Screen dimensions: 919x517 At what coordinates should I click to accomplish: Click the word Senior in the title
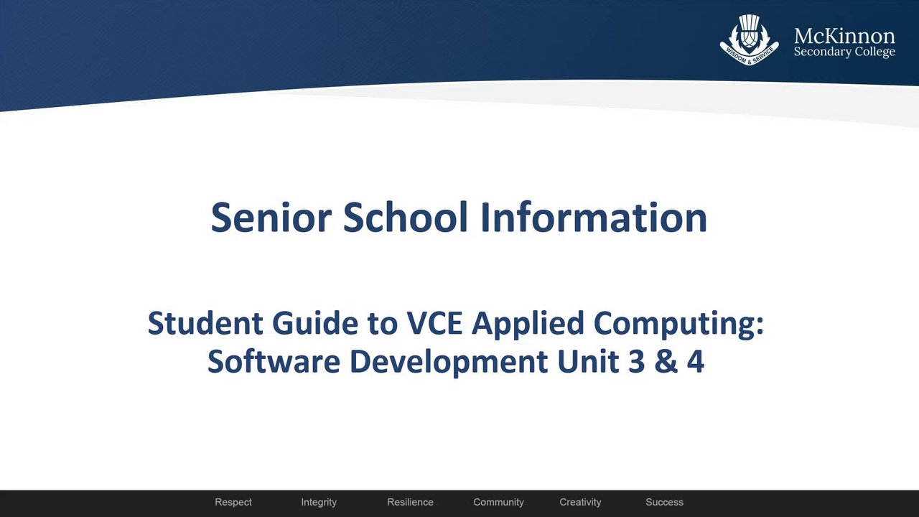pyautogui.click(x=271, y=217)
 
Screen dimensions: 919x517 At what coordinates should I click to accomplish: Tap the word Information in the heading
pyautogui.click(x=594, y=217)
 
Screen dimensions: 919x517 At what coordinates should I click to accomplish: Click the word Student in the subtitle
pyautogui.click(x=205, y=323)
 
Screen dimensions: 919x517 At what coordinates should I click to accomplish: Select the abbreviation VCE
pyautogui.click(x=435, y=323)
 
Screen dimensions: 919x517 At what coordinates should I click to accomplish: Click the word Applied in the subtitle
pyautogui.click(x=528, y=325)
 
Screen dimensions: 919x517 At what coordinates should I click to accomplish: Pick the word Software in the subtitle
pyautogui.click(x=274, y=361)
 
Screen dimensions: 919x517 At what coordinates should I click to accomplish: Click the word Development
pyautogui.click(x=449, y=363)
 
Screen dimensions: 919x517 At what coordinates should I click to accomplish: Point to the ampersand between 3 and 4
pyautogui.click(x=666, y=361)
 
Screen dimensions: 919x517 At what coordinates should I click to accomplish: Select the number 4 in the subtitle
pyautogui.click(x=696, y=361)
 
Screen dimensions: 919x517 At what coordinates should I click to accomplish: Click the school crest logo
pyautogui.click(x=749, y=39)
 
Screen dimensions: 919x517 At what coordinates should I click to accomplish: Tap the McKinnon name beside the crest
pyautogui.click(x=844, y=37)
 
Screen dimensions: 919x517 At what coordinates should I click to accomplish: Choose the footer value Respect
pyautogui.click(x=233, y=502)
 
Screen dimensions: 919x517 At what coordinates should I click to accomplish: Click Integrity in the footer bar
pyautogui.click(x=319, y=503)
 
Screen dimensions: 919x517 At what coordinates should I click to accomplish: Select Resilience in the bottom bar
pyautogui.click(x=410, y=502)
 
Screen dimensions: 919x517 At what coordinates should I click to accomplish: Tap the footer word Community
pyautogui.click(x=498, y=503)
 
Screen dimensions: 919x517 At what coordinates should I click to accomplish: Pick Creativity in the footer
pyautogui.click(x=580, y=503)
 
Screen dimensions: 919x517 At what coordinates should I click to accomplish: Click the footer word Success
pyautogui.click(x=665, y=502)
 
